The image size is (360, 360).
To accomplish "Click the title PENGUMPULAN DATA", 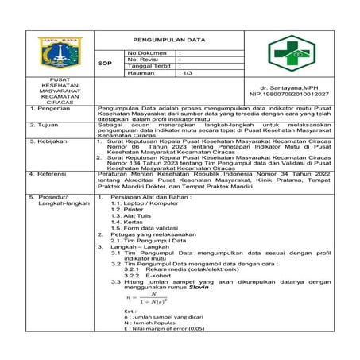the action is (x=168, y=38).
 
